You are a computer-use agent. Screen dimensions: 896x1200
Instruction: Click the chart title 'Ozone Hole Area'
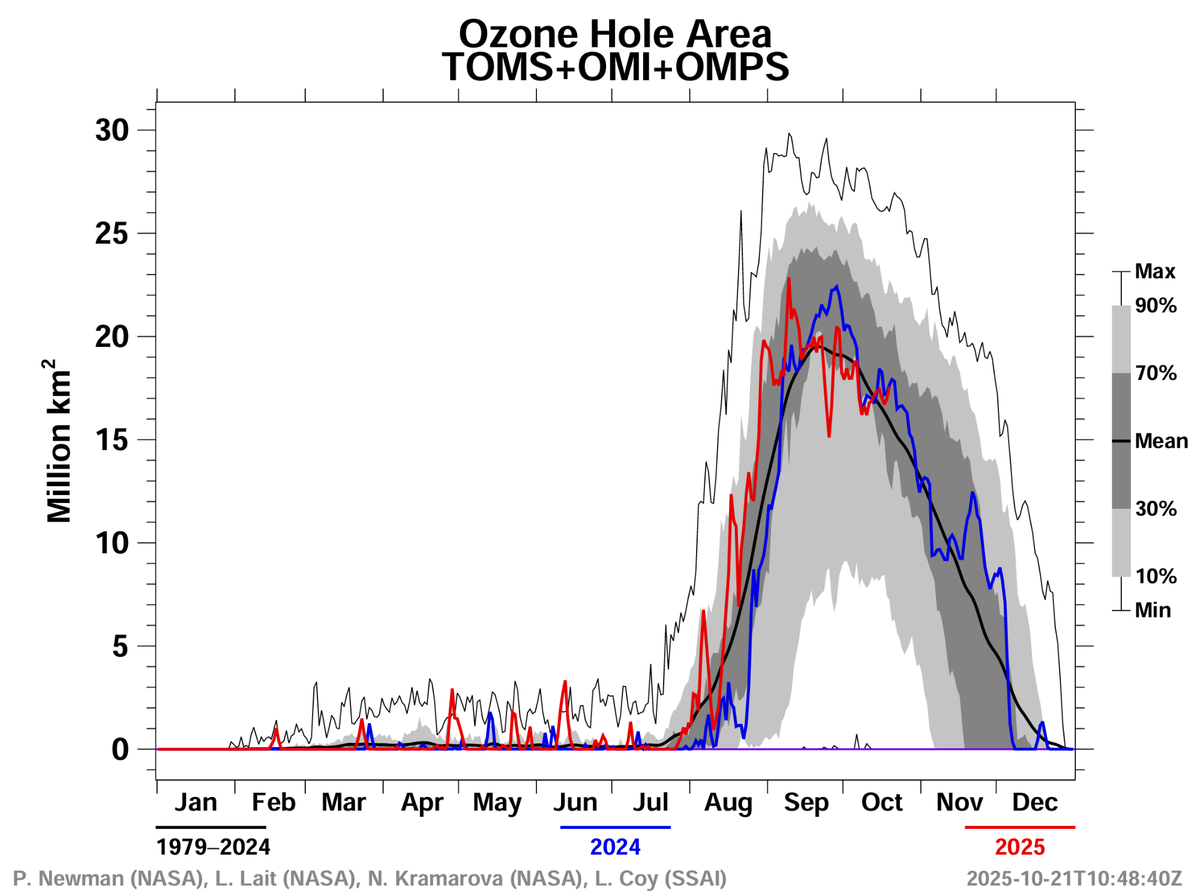[x=615, y=34]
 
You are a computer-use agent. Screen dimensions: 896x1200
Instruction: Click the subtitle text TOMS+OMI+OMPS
[x=615, y=67]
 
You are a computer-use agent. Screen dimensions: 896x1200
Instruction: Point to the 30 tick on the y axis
[x=112, y=130]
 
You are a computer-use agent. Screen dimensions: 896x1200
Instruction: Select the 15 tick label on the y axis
[x=112, y=440]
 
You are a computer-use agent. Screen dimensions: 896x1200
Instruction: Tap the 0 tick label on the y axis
[x=120, y=750]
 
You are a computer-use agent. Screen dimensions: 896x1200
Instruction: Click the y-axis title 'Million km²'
[x=59, y=441]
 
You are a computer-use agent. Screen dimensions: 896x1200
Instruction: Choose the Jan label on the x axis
[x=196, y=802]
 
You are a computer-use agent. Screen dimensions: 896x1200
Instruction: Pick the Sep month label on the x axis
[x=806, y=802]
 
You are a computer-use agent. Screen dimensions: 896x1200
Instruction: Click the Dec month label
[x=1034, y=802]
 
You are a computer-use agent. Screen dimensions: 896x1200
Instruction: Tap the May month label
[x=497, y=803]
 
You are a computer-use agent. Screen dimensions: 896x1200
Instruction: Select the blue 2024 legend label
[x=615, y=847]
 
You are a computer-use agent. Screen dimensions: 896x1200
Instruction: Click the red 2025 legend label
[x=1019, y=847]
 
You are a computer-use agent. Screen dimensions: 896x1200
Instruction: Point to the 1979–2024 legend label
[x=213, y=847]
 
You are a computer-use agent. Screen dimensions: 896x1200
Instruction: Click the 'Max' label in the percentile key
[x=1154, y=271]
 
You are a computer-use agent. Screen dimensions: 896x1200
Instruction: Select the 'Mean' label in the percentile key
[x=1161, y=441]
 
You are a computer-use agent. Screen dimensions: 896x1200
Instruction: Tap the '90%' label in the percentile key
[x=1156, y=305]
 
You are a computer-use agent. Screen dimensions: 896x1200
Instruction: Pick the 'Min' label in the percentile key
[x=1153, y=610]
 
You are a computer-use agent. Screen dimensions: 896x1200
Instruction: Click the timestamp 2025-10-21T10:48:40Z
[x=1074, y=879]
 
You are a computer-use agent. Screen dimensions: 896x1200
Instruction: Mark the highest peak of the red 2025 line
[x=788, y=278]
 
